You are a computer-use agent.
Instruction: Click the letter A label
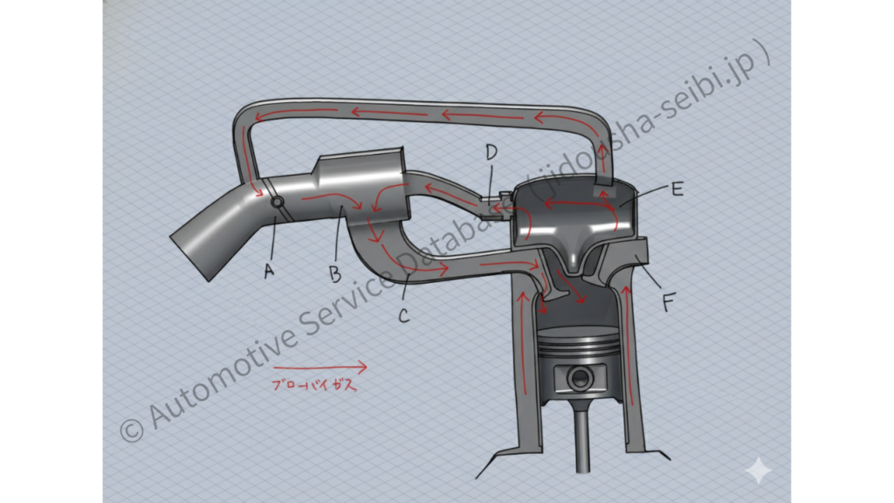coord(269,271)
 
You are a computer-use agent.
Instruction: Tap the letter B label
coord(335,275)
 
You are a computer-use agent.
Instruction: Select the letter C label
coord(403,315)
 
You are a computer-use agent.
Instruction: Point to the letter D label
coord(491,152)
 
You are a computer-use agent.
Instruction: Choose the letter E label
coord(677,189)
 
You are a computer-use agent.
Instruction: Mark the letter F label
coord(669,302)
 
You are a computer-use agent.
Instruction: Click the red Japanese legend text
coord(314,385)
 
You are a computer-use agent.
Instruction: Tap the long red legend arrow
coord(320,368)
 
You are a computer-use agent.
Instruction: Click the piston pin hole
coord(581,378)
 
